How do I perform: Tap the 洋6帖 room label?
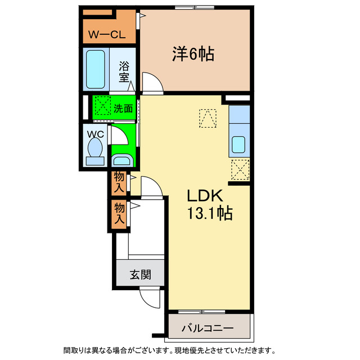tap(192, 54)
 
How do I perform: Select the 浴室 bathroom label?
tap(124, 72)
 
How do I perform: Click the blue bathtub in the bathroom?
tap(96, 69)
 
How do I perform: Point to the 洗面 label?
tap(123, 109)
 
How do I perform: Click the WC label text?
tap(94, 134)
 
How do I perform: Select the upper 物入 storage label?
tap(119, 183)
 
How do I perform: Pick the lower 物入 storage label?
tap(119, 214)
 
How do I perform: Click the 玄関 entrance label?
tap(140, 275)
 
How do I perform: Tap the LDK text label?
tap(205, 196)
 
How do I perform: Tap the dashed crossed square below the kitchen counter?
tap(240, 169)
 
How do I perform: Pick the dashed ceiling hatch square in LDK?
tap(207, 118)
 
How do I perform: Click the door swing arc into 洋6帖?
tap(152, 83)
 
